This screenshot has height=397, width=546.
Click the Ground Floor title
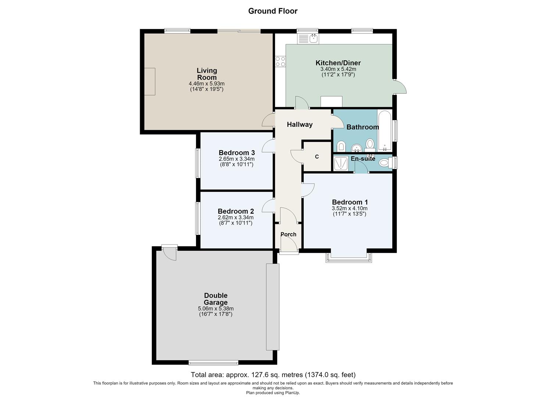click(273, 11)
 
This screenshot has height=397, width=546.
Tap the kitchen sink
click(308, 39)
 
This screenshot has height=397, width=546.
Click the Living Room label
click(207, 74)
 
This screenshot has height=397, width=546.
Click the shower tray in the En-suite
click(341, 163)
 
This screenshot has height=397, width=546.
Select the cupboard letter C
click(317, 157)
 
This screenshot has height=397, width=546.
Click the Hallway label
click(300, 125)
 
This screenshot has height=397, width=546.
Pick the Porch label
click(288, 234)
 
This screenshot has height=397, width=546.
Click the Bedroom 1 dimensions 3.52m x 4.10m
click(350, 208)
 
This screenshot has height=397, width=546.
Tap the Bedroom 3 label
click(237, 153)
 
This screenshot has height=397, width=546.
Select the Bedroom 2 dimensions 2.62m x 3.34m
click(235, 217)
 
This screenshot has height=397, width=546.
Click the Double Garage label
click(216, 299)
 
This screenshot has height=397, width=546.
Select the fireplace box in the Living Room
click(150, 82)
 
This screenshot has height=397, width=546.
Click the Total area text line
click(273, 375)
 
